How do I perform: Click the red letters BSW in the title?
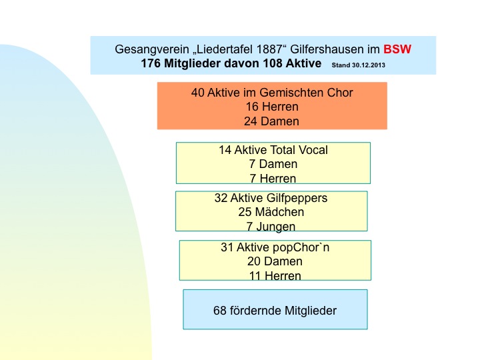397,49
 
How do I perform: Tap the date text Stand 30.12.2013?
359,65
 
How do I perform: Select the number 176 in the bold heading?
151,63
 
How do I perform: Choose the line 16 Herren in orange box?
272,107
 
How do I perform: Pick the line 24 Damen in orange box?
271,121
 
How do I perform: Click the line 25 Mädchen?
271,212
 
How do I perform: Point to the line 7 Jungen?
271,227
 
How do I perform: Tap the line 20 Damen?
275,261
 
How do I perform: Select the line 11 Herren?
275,276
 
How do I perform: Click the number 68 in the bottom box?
220,311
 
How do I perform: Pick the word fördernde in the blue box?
255,311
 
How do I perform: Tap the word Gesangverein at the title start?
152,49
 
